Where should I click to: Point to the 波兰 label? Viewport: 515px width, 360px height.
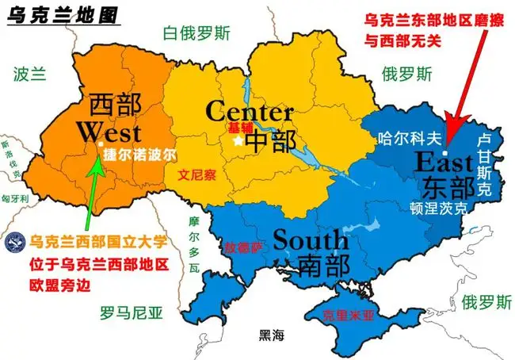30,75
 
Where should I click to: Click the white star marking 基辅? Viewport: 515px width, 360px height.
237,140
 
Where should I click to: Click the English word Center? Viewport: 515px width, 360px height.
249,111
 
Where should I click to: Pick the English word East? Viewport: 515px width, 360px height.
444,164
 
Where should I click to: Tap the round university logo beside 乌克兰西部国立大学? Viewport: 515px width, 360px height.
13,240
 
